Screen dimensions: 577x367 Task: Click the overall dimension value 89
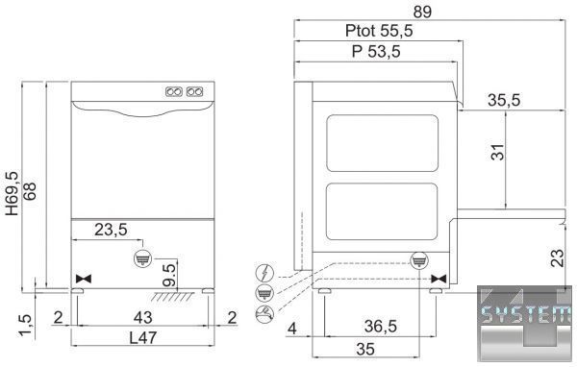422,12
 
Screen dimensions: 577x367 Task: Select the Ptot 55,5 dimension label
379,31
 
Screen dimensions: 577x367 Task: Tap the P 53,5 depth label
376,51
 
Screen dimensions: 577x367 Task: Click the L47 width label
143,337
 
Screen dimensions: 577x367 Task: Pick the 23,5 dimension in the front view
112,230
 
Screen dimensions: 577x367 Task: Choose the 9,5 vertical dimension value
169,275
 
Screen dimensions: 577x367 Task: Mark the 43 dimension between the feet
142,317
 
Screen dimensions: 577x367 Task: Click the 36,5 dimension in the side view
381,327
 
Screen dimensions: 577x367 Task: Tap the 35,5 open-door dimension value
504,100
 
